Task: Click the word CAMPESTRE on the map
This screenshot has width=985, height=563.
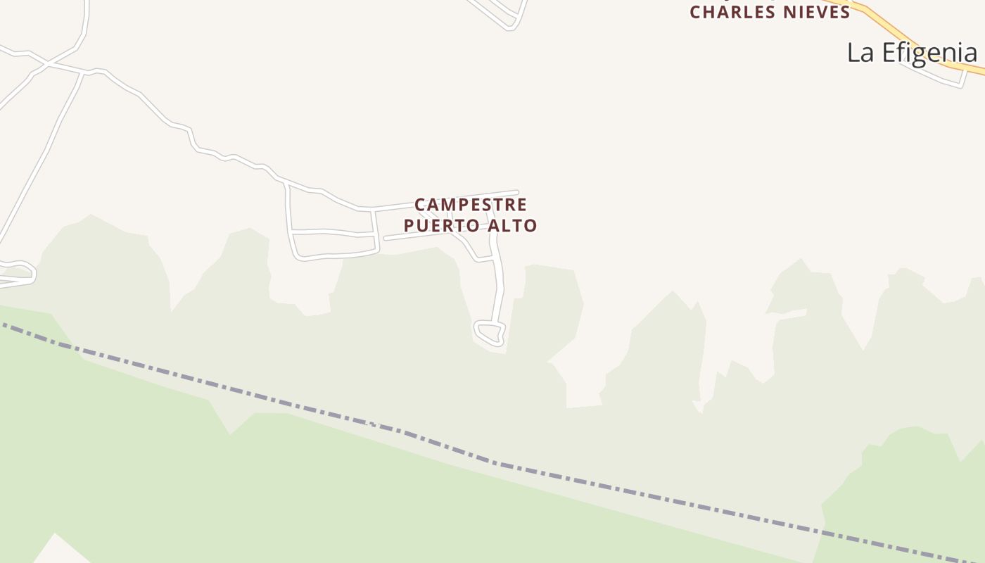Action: point(470,205)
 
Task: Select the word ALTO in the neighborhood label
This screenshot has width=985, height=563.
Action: point(513,226)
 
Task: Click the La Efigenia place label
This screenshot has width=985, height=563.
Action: point(911,53)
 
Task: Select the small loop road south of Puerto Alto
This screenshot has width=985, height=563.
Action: point(490,333)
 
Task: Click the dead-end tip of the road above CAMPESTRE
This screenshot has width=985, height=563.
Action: point(516,192)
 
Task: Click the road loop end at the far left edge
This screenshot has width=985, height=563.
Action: point(28,270)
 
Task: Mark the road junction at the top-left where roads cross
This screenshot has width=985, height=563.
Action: point(48,64)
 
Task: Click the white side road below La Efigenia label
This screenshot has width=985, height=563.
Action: point(936,76)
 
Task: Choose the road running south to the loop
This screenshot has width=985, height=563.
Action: point(500,289)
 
